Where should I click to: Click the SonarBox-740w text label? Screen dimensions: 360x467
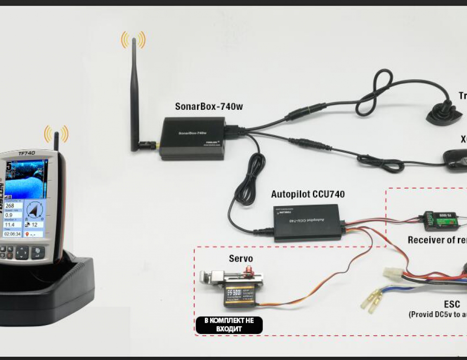tap(209, 107)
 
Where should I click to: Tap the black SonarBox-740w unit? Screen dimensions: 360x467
tap(193, 138)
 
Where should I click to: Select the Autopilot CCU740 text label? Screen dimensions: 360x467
tap(308, 195)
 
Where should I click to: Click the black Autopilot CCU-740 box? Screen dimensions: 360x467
tap(308, 222)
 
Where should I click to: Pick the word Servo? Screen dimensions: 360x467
tap(241, 259)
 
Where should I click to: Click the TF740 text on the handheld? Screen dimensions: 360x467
tap(27, 154)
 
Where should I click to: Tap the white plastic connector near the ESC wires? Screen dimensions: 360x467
tap(392, 273)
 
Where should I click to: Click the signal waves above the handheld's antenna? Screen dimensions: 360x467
tap(56, 133)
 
